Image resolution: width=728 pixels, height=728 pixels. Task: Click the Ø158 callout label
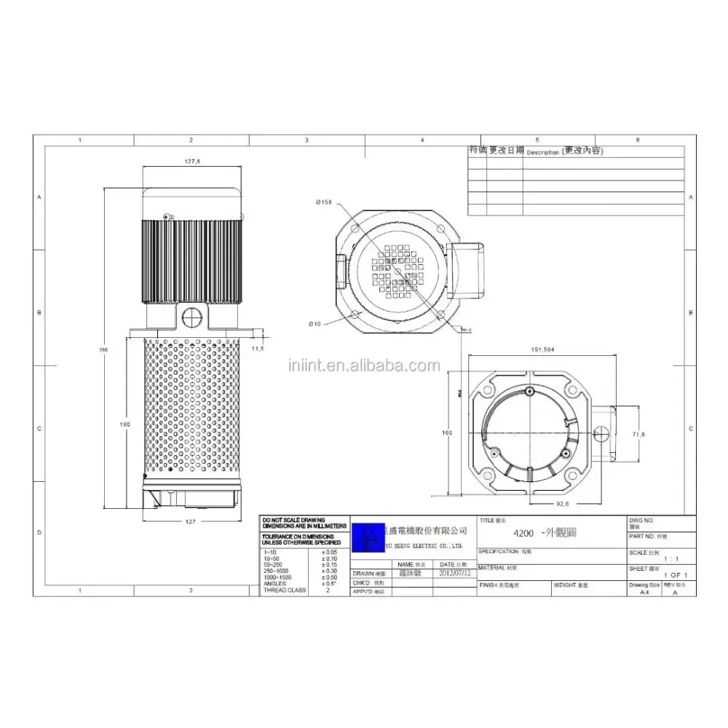click(324, 202)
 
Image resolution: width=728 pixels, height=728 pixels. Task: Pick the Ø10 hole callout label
click(314, 323)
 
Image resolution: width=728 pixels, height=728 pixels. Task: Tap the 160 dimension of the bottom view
click(448, 432)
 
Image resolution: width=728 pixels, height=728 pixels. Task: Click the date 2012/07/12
click(456, 573)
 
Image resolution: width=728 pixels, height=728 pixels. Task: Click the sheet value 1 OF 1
click(674, 576)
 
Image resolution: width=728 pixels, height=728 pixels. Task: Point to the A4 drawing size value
click(644, 593)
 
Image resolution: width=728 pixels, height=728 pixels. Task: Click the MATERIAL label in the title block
click(491, 567)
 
